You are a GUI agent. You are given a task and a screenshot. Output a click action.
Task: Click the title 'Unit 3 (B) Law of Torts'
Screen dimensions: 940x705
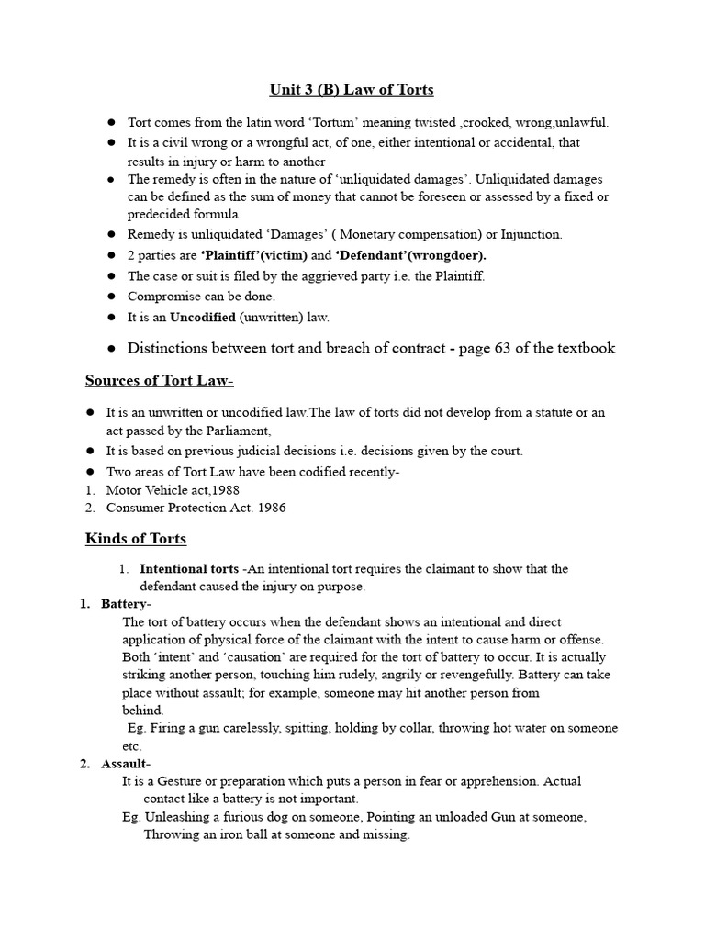coord(351,90)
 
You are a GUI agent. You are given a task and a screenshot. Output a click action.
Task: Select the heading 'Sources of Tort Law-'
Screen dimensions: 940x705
coord(160,381)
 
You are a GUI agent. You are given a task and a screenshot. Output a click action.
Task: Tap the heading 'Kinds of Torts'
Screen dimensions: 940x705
coord(136,539)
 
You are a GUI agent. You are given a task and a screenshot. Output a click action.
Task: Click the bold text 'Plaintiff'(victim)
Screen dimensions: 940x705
coord(254,255)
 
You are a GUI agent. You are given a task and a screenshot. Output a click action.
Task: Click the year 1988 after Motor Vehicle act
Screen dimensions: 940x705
coord(226,490)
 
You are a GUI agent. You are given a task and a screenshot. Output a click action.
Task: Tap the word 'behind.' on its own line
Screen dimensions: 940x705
coord(143,710)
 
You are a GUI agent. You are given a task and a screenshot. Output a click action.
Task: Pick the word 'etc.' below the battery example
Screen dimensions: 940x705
coord(132,746)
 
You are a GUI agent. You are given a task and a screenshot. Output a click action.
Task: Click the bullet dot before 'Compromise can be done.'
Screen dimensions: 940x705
coord(111,297)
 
